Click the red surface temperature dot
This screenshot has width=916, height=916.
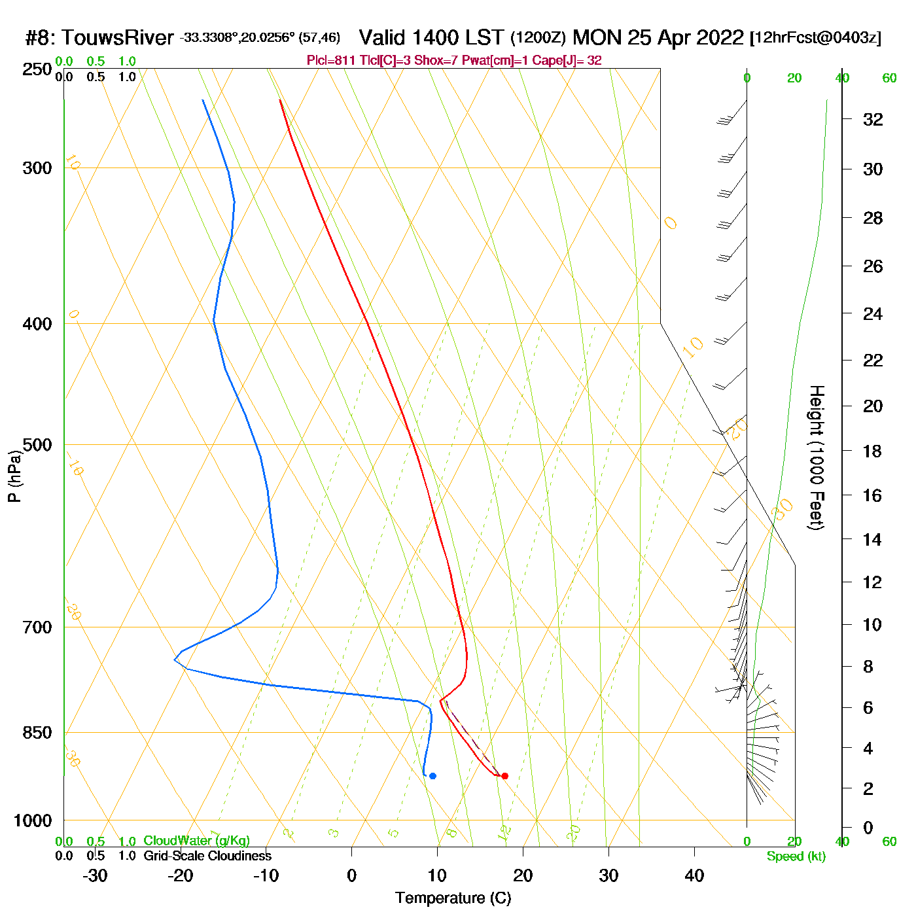click(x=504, y=776)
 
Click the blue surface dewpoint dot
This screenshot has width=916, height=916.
click(x=432, y=776)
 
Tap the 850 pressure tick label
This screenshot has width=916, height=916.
click(x=37, y=733)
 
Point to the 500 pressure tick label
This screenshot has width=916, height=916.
click(x=37, y=445)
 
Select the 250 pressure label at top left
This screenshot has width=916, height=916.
click(x=37, y=69)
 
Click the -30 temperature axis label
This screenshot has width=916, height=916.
click(x=95, y=875)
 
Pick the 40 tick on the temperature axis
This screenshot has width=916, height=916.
click(x=694, y=875)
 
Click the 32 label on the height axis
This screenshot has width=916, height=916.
click(x=873, y=119)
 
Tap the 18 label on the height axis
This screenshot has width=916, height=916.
click(x=873, y=451)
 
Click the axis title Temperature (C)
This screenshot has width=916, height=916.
click(x=453, y=898)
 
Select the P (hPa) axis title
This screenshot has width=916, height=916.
click(x=14, y=476)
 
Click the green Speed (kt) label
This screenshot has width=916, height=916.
click(x=796, y=856)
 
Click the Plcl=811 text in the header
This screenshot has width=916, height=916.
click(x=331, y=61)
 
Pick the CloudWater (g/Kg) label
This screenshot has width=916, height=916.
click(x=196, y=841)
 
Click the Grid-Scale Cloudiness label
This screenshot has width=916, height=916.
click(x=207, y=856)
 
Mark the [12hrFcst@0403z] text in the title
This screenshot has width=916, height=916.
click(x=815, y=38)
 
